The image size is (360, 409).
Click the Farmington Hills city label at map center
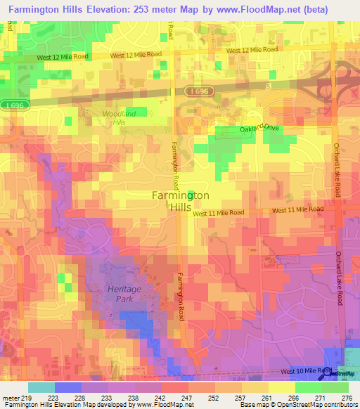(x=181, y=201)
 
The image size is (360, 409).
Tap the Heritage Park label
(x=124, y=294)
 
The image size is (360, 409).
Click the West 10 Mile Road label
(x=305, y=370)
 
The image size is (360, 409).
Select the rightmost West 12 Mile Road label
(x=252, y=51)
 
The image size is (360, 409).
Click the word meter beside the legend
(x=11, y=397)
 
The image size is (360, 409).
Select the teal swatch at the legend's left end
(x=41, y=387)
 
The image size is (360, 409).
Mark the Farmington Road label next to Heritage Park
(x=181, y=297)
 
